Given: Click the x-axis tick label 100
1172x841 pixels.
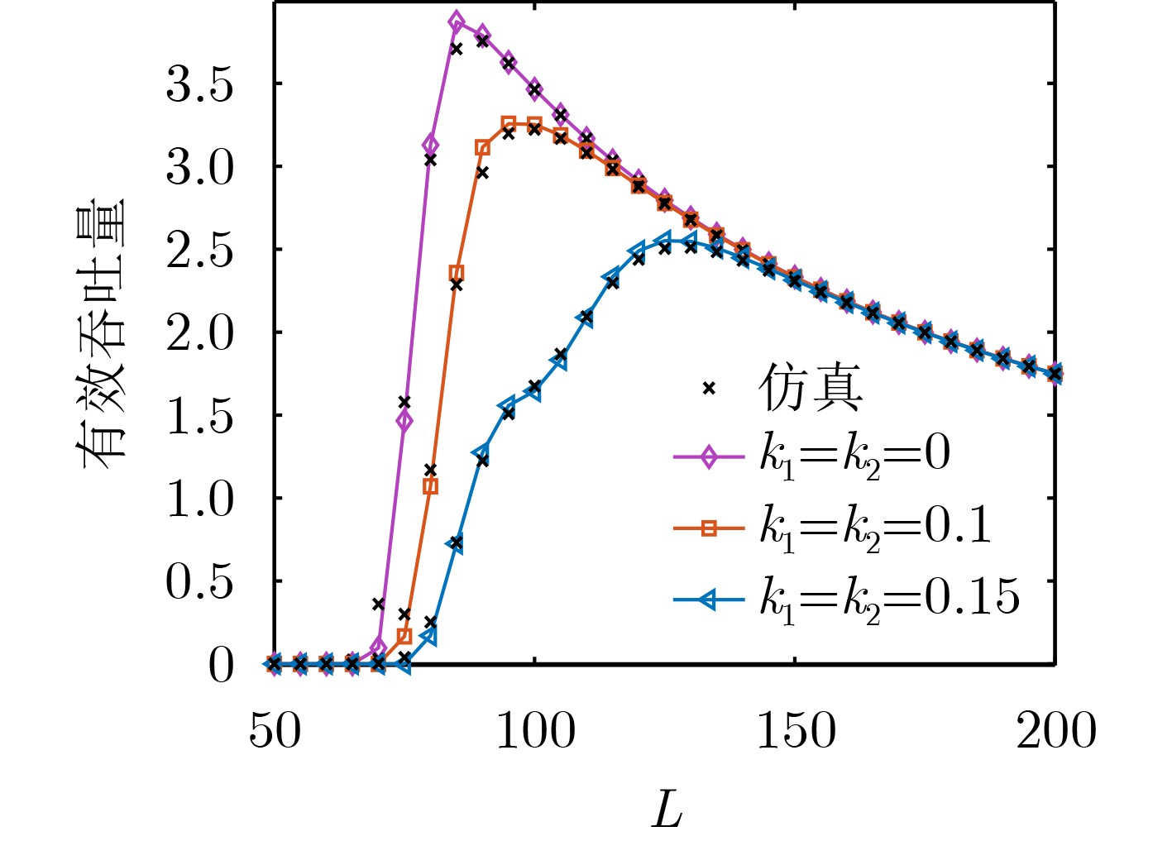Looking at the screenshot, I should pyautogui.click(x=535, y=731).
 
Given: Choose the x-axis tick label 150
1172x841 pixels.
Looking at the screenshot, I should pyautogui.click(x=796, y=731).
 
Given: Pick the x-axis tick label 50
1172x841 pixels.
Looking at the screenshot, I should pyautogui.click(x=275, y=731).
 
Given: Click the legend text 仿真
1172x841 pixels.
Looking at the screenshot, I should pyautogui.click(x=810, y=387).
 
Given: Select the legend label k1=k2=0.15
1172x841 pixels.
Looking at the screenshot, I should pyautogui.click(x=889, y=597).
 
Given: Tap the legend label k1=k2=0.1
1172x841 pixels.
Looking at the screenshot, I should pyautogui.click(x=875, y=525).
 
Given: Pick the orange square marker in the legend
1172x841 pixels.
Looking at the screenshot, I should pyautogui.click(x=708, y=528).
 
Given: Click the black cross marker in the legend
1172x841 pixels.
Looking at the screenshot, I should pyautogui.click(x=708, y=388).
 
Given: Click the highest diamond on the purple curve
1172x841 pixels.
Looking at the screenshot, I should pyautogui.click(x=457, y=22).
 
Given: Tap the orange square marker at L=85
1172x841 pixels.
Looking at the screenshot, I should pyautogui.click(x=457, y=273).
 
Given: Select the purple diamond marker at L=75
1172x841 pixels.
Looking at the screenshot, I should pyautogui.click(x=404, y=421).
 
